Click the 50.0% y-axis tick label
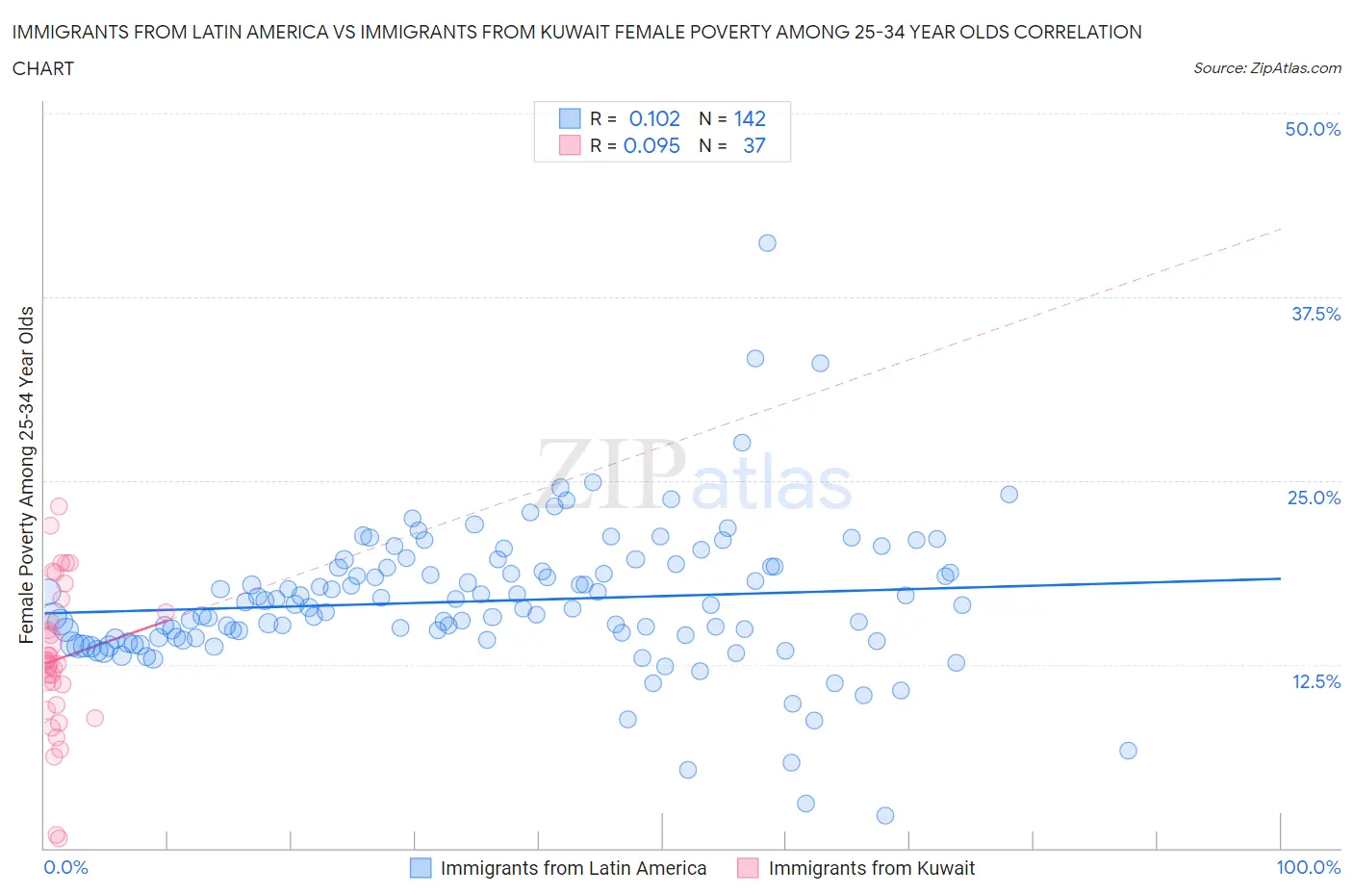[1313, 129]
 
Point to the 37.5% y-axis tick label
[1315, 314]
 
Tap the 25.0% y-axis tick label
[1314, 498]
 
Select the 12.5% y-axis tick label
[1315, 681]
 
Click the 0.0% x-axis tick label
[65, 867]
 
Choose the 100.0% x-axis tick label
[1308, 867]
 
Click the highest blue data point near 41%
[767, 243]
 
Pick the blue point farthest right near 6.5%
[1128, 751]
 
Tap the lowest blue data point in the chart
[885, 815]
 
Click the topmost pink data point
[59, 506]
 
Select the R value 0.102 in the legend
[654, 118]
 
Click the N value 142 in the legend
[750, 118]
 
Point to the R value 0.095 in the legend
[651, 145]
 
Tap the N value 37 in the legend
[753, 145]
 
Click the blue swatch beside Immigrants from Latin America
[421, 868]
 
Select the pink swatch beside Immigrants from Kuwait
[748, 868]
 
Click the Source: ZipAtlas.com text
[1266, 68]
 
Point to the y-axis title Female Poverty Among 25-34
[27, 474]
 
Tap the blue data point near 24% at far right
[1008, 495]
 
